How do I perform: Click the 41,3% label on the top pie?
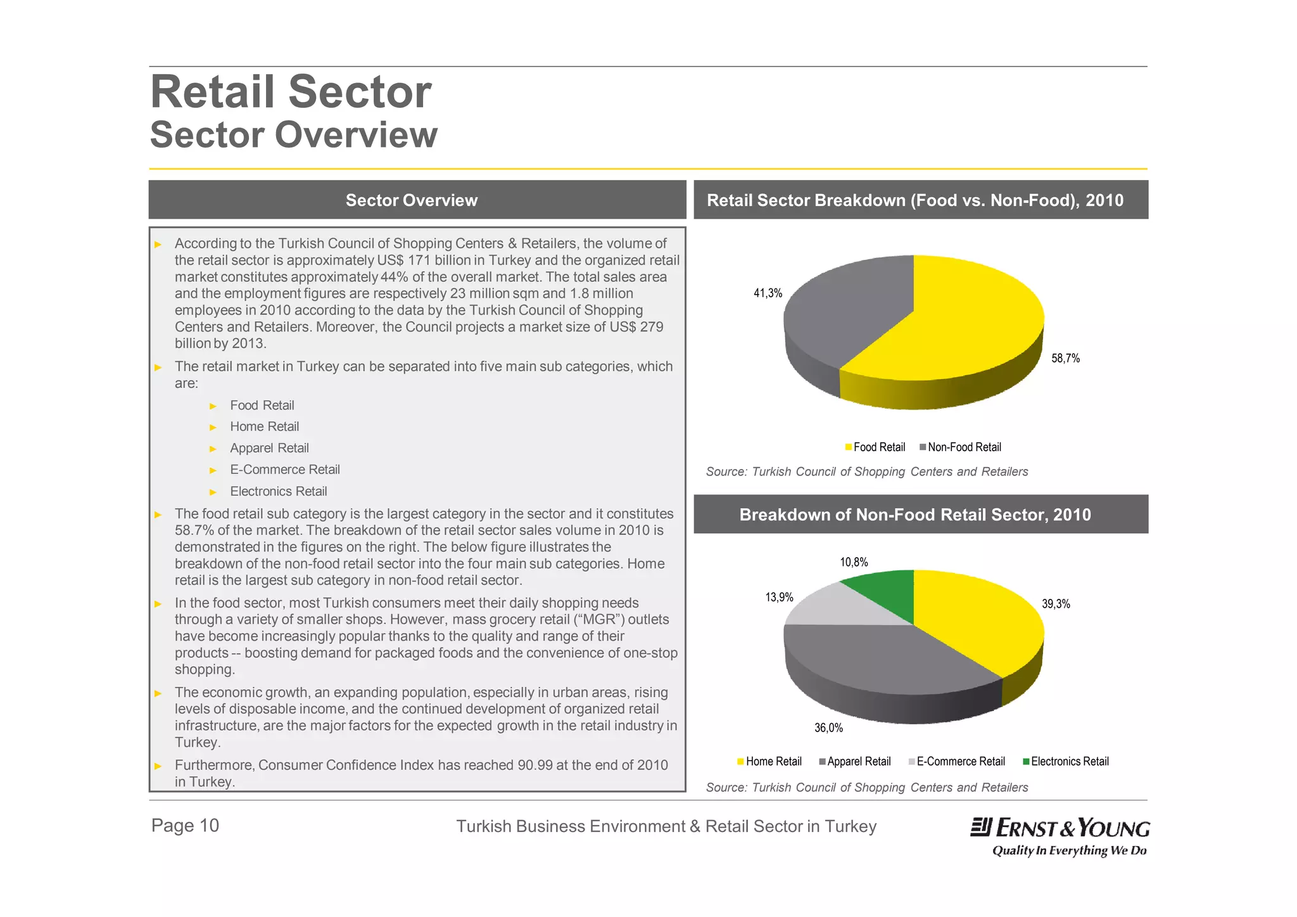point(768,293)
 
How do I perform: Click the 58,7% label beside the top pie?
point(1065,358)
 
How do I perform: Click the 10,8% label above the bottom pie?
point(854,562)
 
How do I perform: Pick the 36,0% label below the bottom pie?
point(828,728)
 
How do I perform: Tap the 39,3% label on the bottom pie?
point(1056,604)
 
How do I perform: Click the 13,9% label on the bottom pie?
point(779,597)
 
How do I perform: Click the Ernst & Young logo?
point(1060,835)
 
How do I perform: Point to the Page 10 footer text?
point(185,825)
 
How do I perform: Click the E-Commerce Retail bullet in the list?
point(285,470)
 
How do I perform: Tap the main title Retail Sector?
point(291,92)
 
